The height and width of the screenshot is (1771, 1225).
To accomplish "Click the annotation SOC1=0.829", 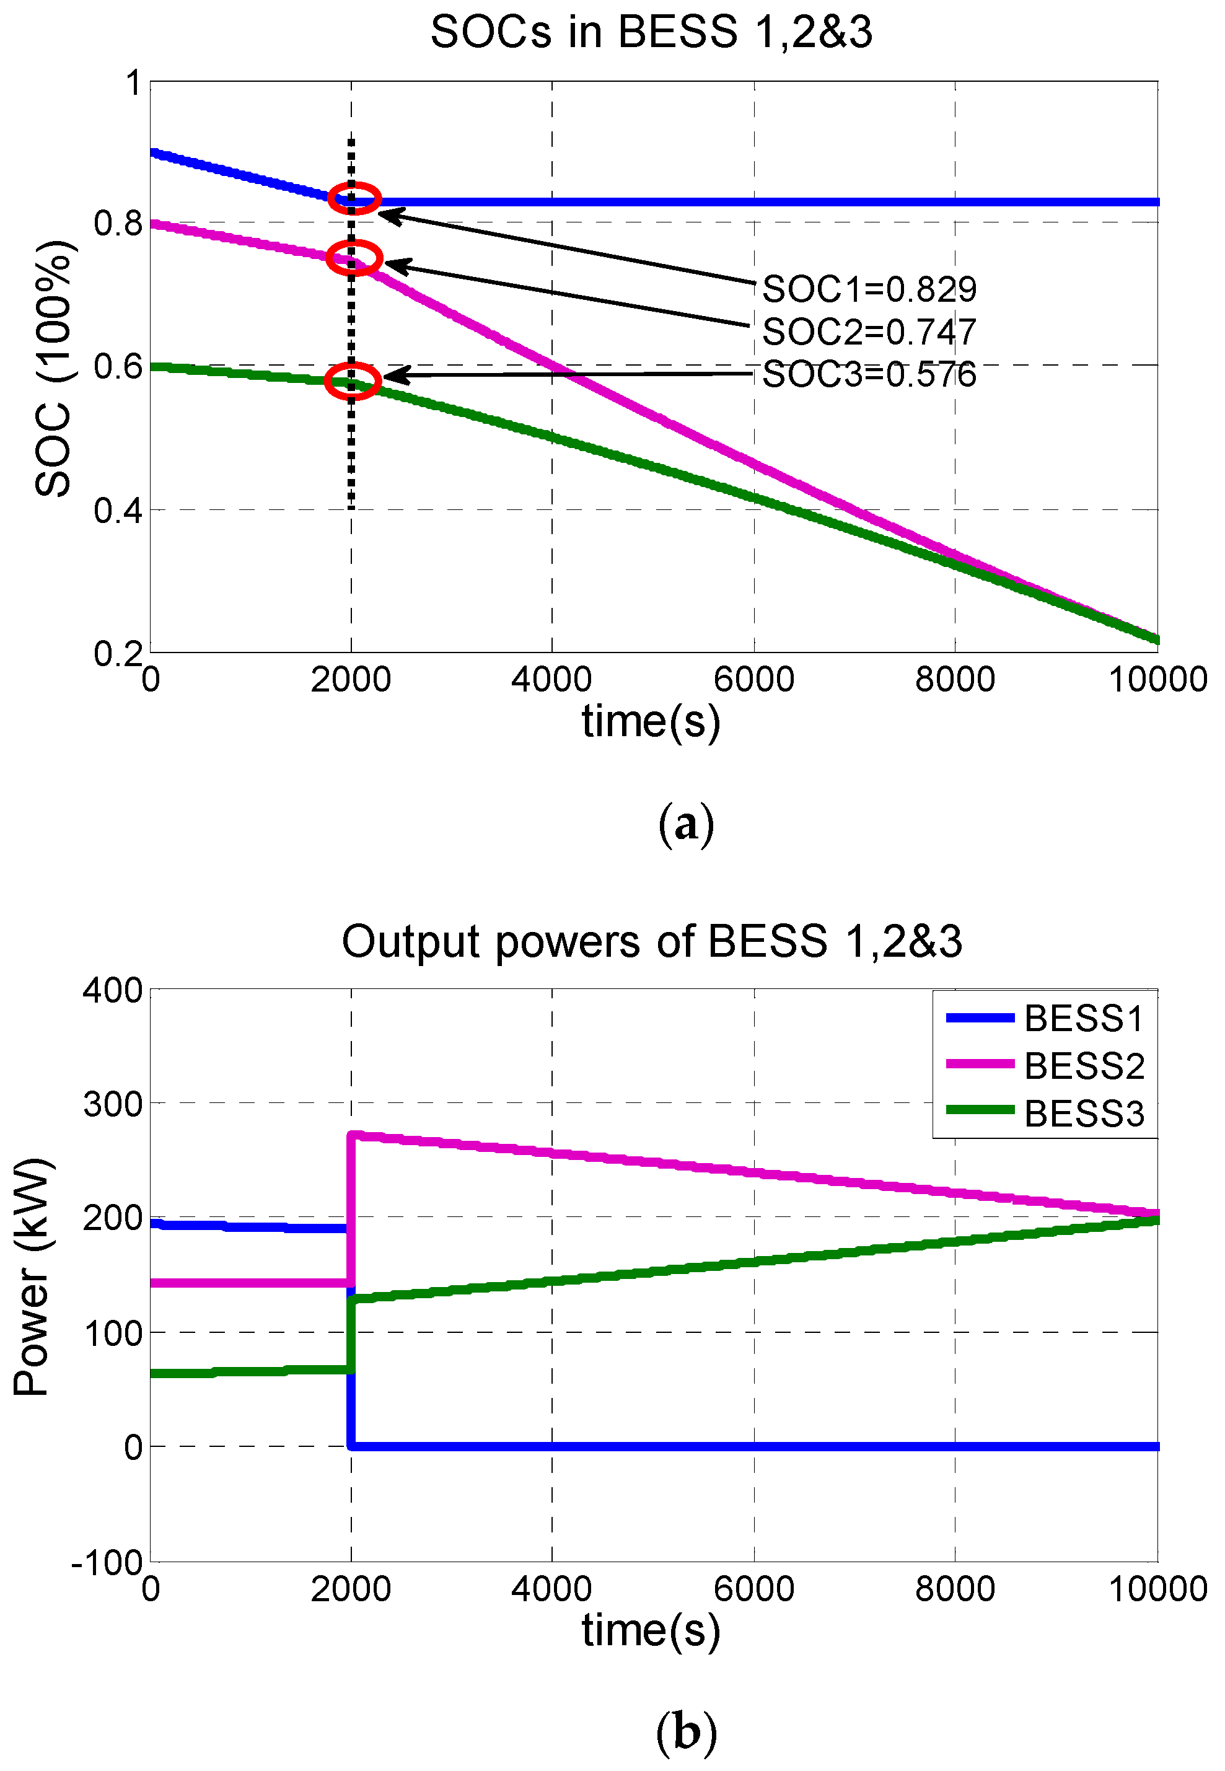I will (868, 289).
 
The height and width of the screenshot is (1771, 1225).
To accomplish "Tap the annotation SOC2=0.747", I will (868, 332).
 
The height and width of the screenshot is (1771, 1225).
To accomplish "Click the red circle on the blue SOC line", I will (354, 199).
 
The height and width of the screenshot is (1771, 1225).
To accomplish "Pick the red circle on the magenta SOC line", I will (354, 257).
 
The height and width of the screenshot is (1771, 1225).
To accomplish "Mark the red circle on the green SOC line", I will (353, 380).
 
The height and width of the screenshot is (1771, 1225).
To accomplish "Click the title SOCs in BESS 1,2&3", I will (651, 32).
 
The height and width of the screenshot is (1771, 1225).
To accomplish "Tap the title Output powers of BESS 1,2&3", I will (651, 941).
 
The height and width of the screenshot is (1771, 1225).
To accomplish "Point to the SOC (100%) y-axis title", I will (54, 369).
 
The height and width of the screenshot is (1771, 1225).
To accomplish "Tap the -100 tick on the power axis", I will (107, 1562).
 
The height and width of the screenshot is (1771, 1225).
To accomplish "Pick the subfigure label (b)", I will (685, 1733).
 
